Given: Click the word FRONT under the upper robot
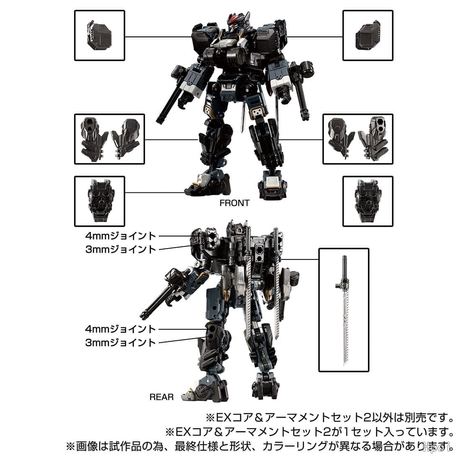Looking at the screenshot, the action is coord(234,203).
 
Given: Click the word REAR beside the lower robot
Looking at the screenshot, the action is coord(161,397).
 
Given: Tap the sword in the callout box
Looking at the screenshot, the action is coord(344,310).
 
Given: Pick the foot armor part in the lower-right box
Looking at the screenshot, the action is coord(368,201).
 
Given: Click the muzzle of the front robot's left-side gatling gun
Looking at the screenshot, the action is coord(160,120).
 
